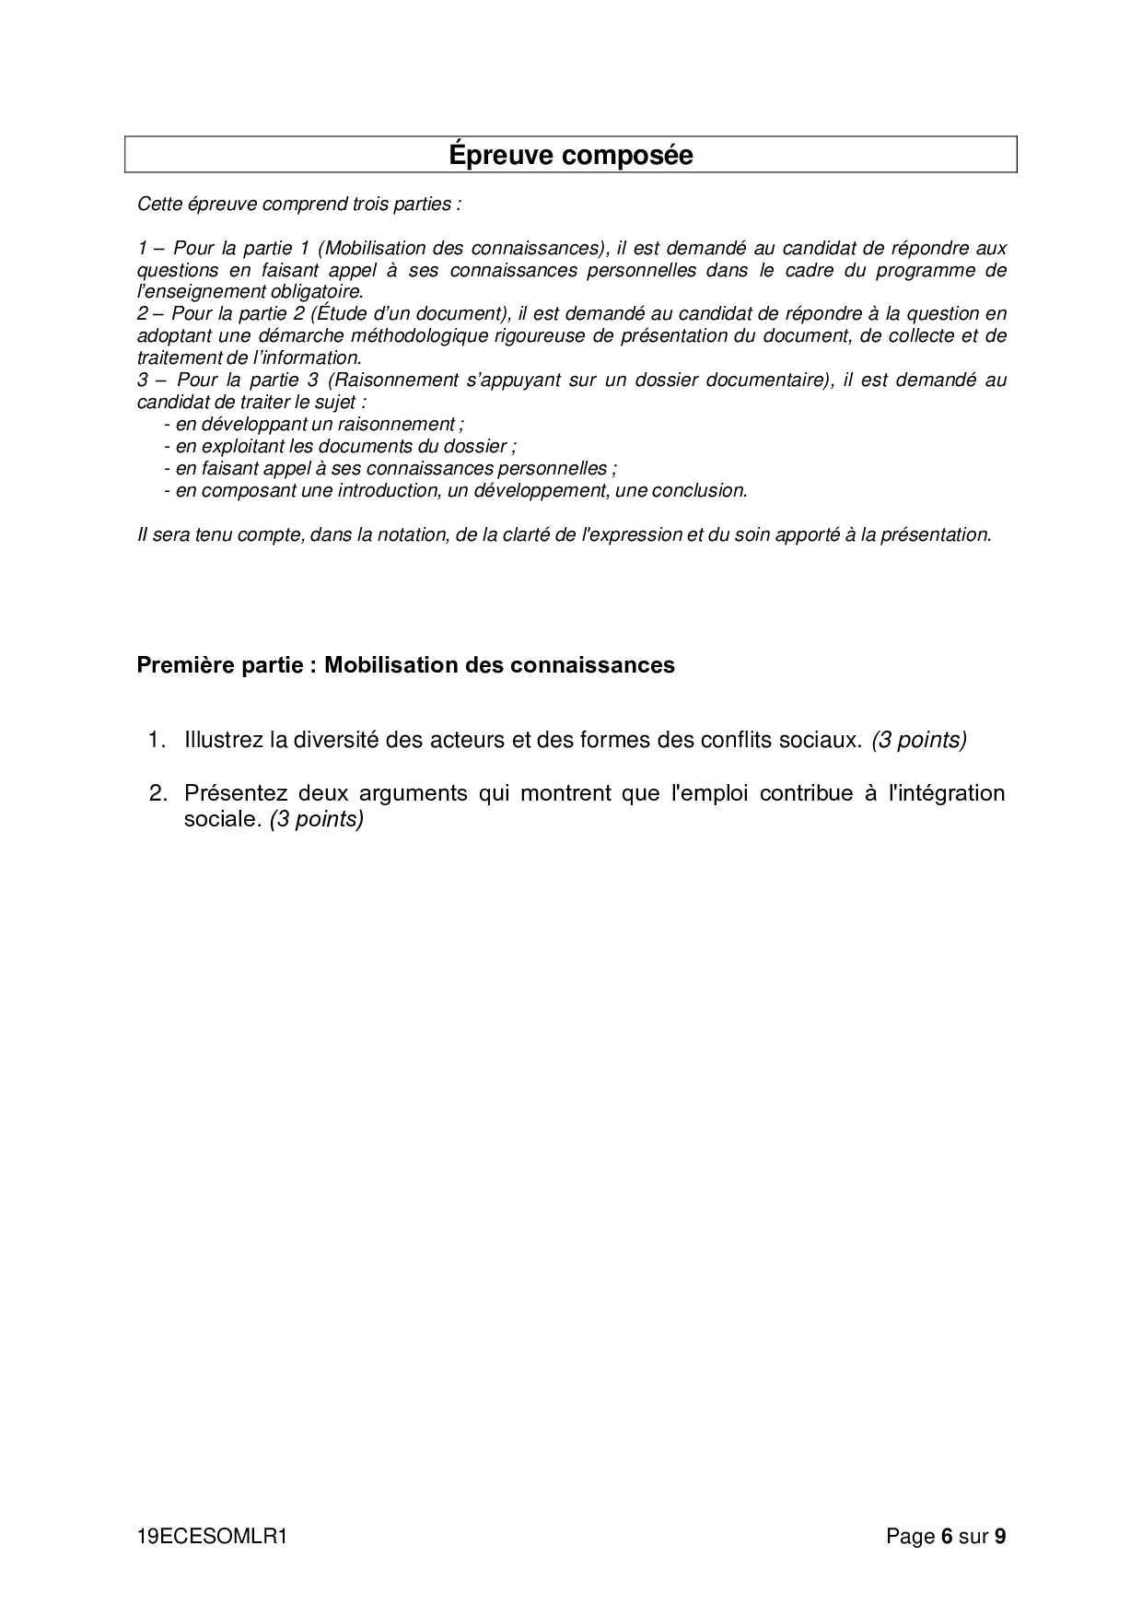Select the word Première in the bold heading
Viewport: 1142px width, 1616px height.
180,665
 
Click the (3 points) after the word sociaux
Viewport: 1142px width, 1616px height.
918,740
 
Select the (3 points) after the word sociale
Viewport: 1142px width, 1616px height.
317,819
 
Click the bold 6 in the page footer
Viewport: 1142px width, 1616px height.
946,1537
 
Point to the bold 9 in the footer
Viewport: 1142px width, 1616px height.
1000,1537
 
